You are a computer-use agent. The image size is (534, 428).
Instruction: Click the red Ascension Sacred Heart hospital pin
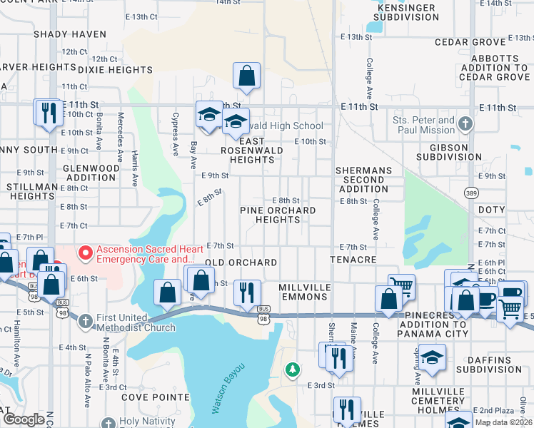coord(86,253)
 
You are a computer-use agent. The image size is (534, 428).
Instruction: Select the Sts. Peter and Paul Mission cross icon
coord(465,125)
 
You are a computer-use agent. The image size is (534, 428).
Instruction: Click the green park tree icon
coord(292,369)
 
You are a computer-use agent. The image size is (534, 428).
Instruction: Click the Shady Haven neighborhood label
coord(69,34)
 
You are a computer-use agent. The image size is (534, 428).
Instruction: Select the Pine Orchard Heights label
coord(278,215)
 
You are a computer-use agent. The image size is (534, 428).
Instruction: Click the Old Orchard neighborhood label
coord(241,263)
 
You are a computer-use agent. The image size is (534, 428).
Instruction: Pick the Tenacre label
coord(353,260)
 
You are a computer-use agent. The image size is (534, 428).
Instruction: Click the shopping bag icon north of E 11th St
coord(246,76)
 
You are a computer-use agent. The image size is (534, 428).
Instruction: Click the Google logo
coord(24,420)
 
